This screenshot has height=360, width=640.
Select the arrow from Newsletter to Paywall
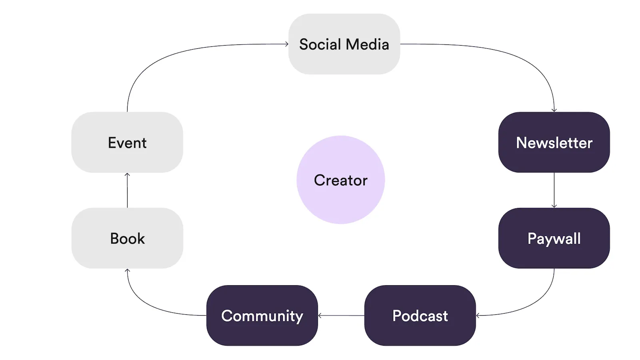(x=554, y=190)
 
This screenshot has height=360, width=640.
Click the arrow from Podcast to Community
(x=341, y=316)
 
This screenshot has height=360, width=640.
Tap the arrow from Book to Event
(x=127, y=190)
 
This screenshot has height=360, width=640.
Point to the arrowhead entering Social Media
(x=287, y=44)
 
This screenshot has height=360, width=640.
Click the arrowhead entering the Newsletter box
(x=554, y=110)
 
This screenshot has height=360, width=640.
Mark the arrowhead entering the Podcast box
(x=478, y=316)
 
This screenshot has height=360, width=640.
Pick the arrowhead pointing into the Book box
(x=127, y=271)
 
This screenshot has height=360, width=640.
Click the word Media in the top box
(x=367, y=44)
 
